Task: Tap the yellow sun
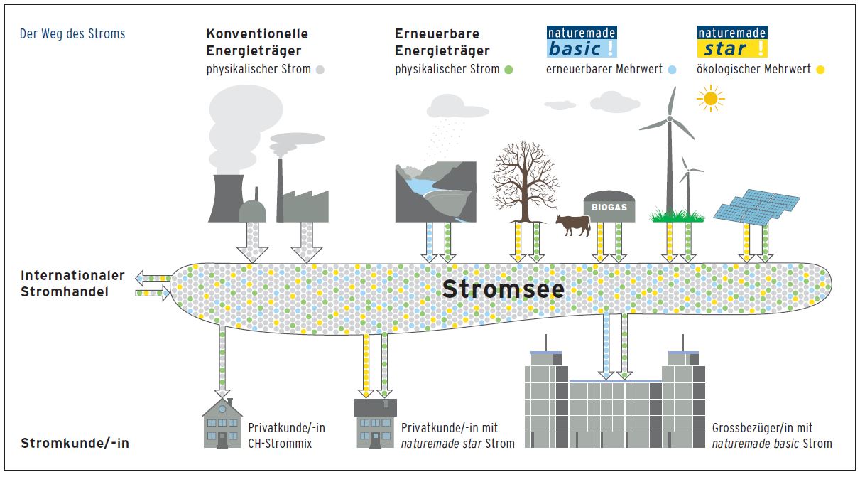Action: [710, 99]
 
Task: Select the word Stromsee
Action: [504, 289]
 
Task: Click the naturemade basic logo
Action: [581, 42]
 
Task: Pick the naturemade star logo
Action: [732, 42]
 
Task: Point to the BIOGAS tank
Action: [609, 206]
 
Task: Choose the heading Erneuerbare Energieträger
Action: [442, 42]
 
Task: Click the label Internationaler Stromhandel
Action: [72, 283]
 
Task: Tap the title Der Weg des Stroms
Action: [72, 33]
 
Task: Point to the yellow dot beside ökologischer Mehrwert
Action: [820, 70]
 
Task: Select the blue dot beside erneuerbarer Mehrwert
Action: [672, 70]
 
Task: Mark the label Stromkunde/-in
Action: [75, 444]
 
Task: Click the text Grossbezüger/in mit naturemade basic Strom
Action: [771, 436]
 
